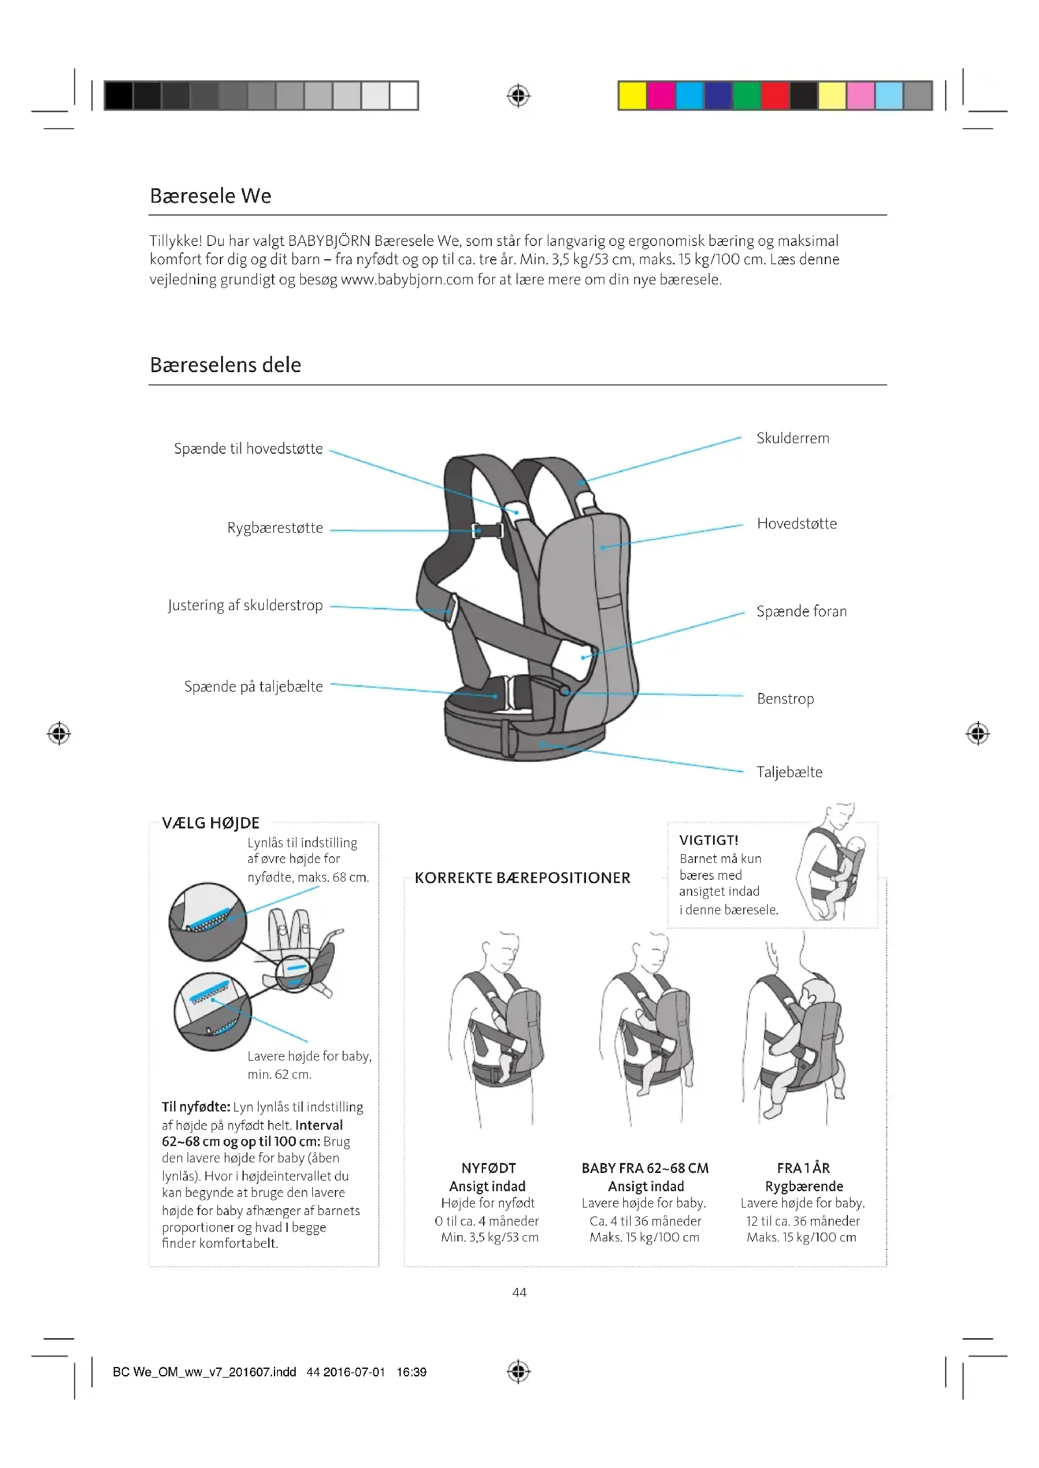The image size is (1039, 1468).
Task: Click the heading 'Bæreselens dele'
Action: pyautogui.click(x=226, y=365)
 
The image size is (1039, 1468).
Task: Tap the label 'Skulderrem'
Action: pyautogui.click(x=793, y=438)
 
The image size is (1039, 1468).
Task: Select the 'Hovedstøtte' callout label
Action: pyautogui.click(x=797, y=523)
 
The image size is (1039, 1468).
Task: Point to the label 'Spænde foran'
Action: pyautogui.click(x=802, y=611)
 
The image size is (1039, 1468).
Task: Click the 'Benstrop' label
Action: pyautogui.click(x=785, y=698)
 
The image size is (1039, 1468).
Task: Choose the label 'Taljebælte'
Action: pyautogui.click(x=790, y=772)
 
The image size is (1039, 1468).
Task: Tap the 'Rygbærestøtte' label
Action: pyautogui.click(x=275, y=527)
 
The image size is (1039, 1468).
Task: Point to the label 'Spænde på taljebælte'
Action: pyautogui.click(x=253, y=686)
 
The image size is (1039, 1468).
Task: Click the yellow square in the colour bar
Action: pyautogui.click(x=632, y=96)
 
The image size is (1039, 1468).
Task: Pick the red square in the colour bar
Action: pyautogui.click(x=775, y=96)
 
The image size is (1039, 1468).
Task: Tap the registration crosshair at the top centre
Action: pyautogui.click(x=518, y=96)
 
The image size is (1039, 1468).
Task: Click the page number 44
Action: pyautogui.click(x=519, y=1292)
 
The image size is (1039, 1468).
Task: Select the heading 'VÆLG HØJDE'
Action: pyautogui.click(x=210, y=823)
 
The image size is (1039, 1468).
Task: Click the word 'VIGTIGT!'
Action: pyautogui.click(x=709, y=840)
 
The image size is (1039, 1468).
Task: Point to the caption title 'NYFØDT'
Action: pyautogui.click(x=488, y=1168)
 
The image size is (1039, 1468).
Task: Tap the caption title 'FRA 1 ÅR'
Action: pyautogui.click(x=803, y=1168)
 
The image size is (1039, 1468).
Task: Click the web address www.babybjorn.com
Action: pyautogui.click(x=407, y=279)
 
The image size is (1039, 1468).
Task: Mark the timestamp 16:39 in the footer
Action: pyautogui.click(x=411, y=1372)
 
